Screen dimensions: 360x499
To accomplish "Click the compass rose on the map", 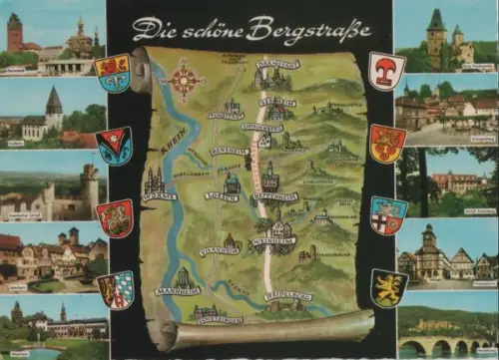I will (x=184, y=79).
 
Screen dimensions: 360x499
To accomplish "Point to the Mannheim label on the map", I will (x=177, y=291).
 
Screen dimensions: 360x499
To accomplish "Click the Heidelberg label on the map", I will (x=288, y=296).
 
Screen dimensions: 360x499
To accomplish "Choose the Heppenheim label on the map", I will (x=274, y=196).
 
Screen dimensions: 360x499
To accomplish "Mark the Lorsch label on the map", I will (x=222, y=195).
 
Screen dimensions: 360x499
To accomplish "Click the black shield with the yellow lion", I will (x=388, y=287).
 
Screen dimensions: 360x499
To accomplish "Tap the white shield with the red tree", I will (x=386, y=70).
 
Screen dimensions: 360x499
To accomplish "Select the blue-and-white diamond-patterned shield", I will (x=116, y=289).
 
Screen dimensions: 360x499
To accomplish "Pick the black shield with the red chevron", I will (x=113, y=145).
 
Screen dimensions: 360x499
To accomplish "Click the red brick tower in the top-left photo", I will (x=14, y=33).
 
